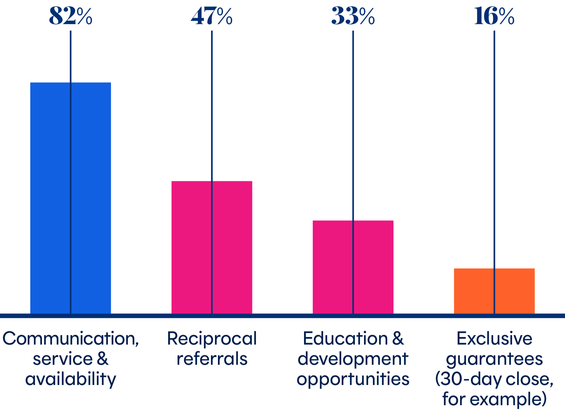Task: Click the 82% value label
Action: coord(70,16)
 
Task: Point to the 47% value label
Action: coord(212,16)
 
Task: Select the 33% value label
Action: coord(353,16)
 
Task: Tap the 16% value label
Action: coord(494,16)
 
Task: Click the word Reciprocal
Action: coord(212,339)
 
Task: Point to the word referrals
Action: coord(212,359)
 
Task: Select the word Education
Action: coord(345,339)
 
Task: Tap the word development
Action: coord(353,359)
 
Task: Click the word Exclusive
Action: coord(494,339)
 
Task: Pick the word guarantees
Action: coord(494,359)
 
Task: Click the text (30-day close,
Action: coord(494,379)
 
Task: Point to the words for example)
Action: coord(494,399)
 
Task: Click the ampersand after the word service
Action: coord(103,359)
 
